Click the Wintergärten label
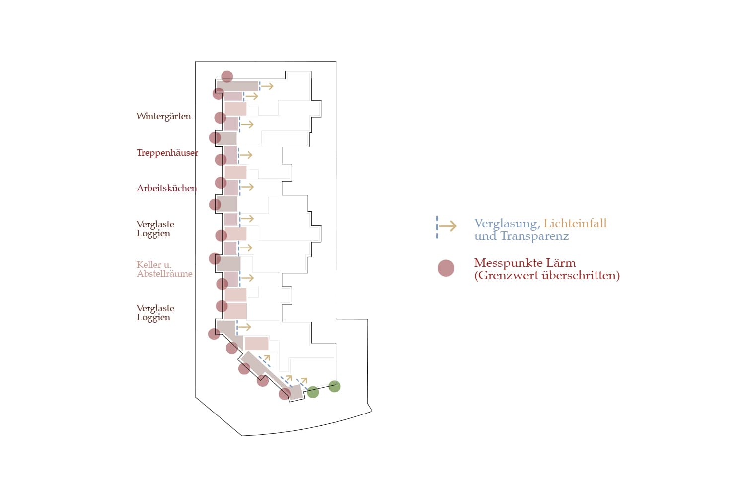(163, 116)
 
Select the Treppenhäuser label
(167, 153)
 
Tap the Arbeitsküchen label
(166, 188)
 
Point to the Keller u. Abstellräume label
(164, 269)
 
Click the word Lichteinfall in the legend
(575, 224)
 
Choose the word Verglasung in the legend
(507, 224)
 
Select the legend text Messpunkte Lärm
(524, 263)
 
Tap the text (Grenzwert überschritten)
(547, 276)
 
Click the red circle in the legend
(446, 268)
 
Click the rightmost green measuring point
(334, 386)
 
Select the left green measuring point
(313, 392)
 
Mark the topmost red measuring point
(227, 76)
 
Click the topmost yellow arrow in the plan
(267, 86)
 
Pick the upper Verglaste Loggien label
(155, 229)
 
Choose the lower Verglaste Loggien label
(155, 313)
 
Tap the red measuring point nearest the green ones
(285, 394)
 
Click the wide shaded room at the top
(238, 86)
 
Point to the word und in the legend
(485, 236)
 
